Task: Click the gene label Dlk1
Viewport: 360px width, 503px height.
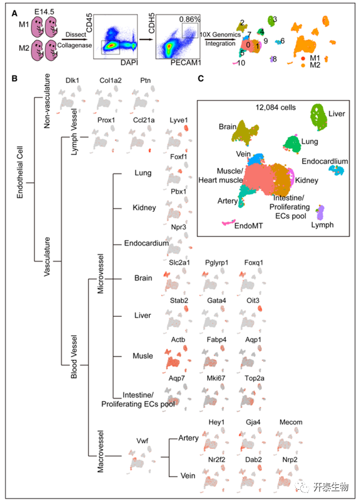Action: point(72,80)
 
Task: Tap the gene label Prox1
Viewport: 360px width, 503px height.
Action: point(106,120)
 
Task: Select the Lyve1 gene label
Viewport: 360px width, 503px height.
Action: point(179,120)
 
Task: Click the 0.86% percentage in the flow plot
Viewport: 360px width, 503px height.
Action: point(189,19)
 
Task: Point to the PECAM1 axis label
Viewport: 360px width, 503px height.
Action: point(185,62)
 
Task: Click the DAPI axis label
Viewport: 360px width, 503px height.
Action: point(129,62)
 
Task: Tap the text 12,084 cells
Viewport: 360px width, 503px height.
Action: point(276,108)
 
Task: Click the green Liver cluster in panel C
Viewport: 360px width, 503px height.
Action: point(318,117)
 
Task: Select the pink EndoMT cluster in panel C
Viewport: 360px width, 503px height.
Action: point(228,223)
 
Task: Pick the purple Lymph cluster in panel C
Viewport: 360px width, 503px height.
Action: point(321,213)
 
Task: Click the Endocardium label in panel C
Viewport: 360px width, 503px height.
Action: point(325,162)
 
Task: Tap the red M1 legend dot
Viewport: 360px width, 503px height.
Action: point(303,58)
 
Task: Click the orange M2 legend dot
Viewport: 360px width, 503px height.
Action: point(303,65)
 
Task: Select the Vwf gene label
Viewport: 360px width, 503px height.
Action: point(142,441)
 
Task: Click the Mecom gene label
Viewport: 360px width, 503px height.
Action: point(291,422)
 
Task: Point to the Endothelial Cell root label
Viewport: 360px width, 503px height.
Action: point(20,172)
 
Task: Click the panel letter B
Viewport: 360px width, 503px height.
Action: point(14,78)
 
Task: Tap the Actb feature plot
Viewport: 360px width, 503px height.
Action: point(176,358)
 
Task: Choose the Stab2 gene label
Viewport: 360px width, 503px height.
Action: point(179,301)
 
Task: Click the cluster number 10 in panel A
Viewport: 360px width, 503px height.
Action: point(241,63)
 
